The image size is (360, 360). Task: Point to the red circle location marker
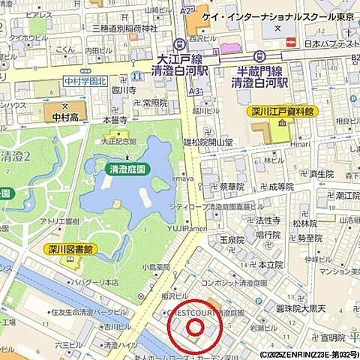(195, 326)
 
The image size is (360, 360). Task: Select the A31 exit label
(195, 91)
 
